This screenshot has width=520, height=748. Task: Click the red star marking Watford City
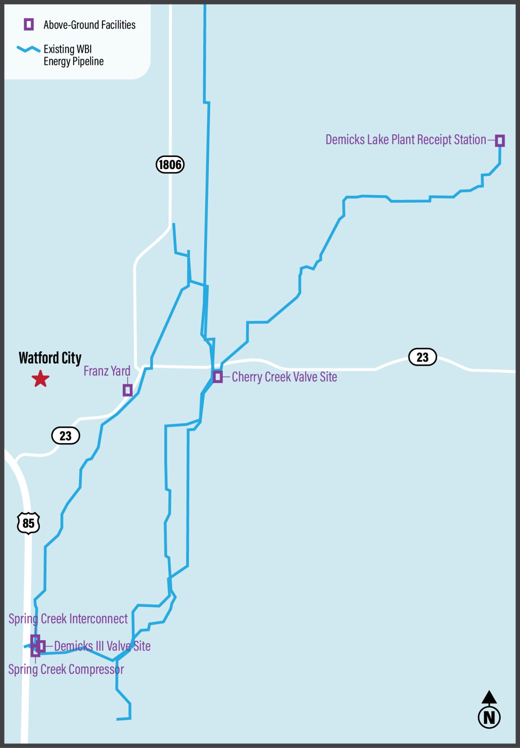click(40, 379)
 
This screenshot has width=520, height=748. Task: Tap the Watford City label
click(50, 358)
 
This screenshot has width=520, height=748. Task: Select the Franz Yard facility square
click(128, 390)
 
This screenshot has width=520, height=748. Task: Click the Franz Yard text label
click(107, 371)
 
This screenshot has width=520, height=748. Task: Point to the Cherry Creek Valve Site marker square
click(217, 377)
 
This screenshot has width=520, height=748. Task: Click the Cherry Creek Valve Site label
click(284, 377)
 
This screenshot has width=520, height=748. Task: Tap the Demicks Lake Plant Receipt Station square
click(500, 140)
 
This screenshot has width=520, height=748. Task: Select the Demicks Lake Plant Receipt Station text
click(406, 140)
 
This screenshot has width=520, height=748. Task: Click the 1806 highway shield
click(170, 164)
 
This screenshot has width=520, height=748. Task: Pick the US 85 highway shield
click(29, 523)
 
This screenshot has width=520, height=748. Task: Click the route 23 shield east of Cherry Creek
click(422, 357)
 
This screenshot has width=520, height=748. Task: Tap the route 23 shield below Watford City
click(65, 435)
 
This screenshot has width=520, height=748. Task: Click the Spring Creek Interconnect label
click(68, 619)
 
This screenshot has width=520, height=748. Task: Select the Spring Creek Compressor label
click(66, 669)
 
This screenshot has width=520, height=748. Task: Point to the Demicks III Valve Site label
click(102, 646)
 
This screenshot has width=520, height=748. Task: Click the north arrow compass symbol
click(489, 710)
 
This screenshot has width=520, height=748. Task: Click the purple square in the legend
click(29, 24)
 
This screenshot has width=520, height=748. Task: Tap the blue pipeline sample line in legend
click(29, 49)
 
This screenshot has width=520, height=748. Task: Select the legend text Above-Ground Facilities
click(90, 25)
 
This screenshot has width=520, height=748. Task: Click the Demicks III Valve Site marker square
click(41, 646)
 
